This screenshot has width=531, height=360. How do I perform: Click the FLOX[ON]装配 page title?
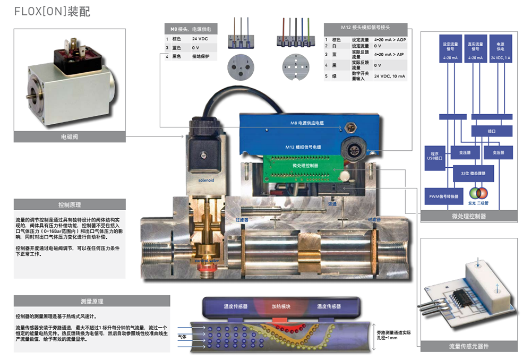[52, 11]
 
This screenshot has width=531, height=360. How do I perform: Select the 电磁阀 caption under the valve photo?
[70, 137]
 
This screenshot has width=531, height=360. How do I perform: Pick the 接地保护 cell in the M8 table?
[201, 56]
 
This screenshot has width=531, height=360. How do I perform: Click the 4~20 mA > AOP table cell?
[389, 39]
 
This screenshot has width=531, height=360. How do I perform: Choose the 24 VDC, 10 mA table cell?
[389, 76]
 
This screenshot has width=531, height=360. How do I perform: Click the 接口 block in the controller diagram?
[491, 131]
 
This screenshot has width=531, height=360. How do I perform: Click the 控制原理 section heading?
[70, 204]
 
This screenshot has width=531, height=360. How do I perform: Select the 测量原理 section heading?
[92, 301]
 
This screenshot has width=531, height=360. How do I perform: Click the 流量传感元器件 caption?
[468, 346]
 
